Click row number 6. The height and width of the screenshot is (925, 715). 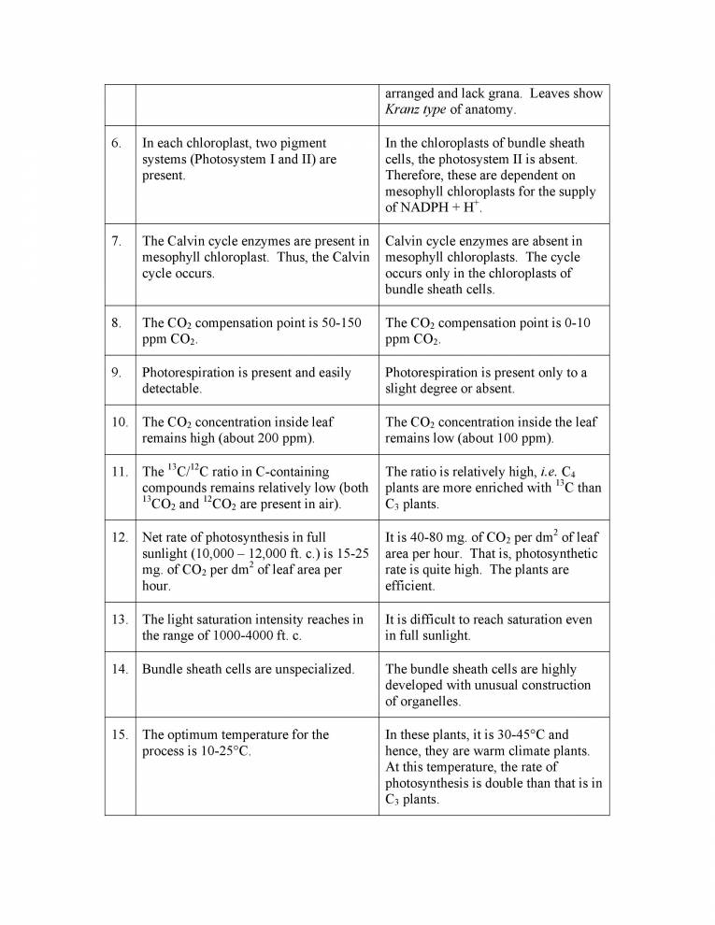point(116,144)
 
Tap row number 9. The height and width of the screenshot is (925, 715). point(116,373)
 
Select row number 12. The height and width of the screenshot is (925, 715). point(119,537)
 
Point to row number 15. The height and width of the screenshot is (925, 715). point(119,734)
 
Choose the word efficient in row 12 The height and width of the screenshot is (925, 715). point(412,586)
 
